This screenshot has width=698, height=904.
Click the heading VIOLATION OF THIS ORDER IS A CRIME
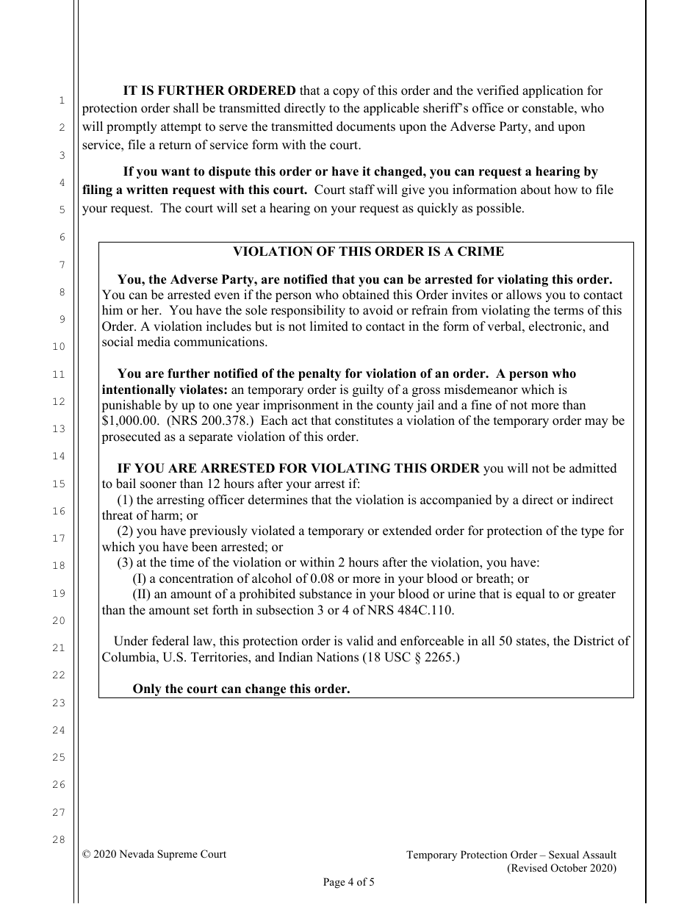pyautogui.click(x=368, y=251)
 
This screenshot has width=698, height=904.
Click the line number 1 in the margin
pyautogui.click(x=62, y=100)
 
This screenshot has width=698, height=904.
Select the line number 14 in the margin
pyautogui.click(x=59, y=456)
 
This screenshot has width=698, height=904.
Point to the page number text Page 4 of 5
pyautogui.click(x=349, y=882)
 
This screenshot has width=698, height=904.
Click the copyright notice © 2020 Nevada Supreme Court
pyautogui.click(x=154, y=854)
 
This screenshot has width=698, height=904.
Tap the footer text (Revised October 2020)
pyautogui.click(x=562, y=868)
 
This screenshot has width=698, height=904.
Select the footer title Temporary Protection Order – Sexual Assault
pyautogui.click(x=511, y=855)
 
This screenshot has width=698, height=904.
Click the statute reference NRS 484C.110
pyautogui.click(x=417, y=610)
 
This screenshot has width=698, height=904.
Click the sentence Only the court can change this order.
pyautogui.click(x=241, y=689)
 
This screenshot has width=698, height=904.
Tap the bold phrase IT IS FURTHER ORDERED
pyautogui.click(x=209, y=91)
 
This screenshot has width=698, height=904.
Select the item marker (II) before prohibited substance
pyautogui.click(x=142, y=595)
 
